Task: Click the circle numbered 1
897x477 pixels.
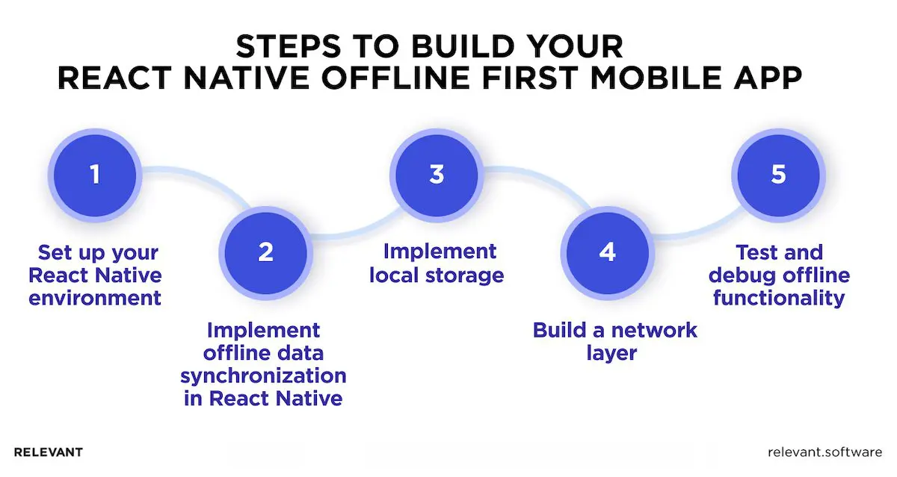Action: coord(94,175)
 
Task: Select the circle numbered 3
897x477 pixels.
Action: coord(437,175)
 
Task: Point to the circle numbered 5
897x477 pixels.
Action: coord(778,175)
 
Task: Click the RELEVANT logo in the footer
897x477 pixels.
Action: coord(49,452)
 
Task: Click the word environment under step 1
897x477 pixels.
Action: coord(95,299)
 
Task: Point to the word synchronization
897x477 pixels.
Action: coord(265,375)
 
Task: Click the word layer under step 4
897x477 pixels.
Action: coord(611,352)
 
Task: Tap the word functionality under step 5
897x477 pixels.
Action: coord(779,299)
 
